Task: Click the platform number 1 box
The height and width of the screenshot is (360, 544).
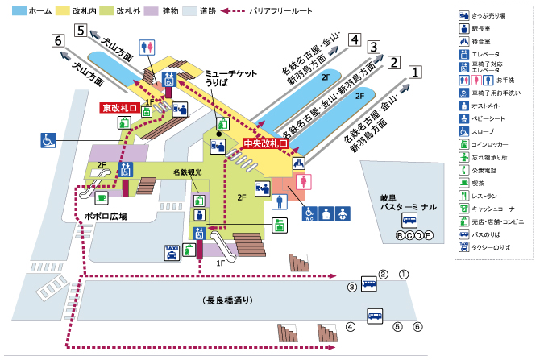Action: [x=415, y=71]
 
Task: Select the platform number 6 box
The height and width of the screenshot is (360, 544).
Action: [x=56, y=41]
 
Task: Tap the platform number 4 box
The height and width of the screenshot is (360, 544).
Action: [x=355, y=39]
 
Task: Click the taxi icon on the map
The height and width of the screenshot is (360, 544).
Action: [x=172, y=253]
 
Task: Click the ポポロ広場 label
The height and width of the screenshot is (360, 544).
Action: [x=106, y=216]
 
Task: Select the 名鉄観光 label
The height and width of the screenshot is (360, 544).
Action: [x=186, y=172]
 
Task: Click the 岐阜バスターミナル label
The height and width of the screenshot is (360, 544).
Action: [x=409, y=202]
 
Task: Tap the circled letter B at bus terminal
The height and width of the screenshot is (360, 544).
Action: [x=398, y=234]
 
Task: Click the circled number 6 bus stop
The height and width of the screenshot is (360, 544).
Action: [x=417, y=326]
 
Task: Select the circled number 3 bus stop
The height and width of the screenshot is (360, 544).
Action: [x=352, y=287]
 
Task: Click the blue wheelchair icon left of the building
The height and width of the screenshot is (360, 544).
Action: [x=48, y=140]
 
